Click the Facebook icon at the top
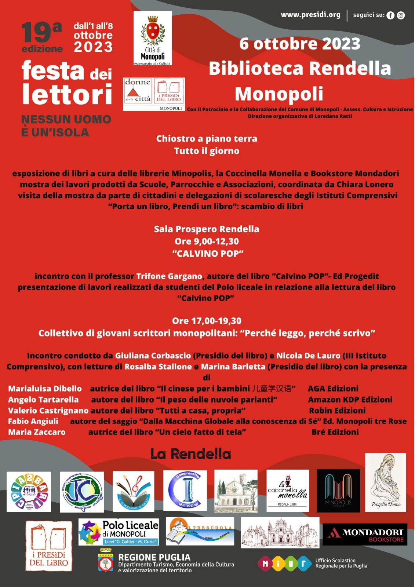(x=390, y=15)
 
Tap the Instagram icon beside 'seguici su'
(x=401, y=15)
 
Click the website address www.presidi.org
(x=310, y=15)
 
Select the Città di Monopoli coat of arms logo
(x=153, y=38)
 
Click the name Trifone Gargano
(x=169, y=276)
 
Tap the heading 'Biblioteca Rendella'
(x=300, y=69)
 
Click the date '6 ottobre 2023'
(x=300, y=44)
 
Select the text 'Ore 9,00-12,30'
(x=207, y=241)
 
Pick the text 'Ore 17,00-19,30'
(x=207, y=321)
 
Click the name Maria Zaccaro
(x=37, y=432)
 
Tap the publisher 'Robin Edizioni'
(x=337, y=411)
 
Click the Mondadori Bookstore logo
(x=365, y=535)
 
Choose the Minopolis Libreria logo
(x=338, y=491)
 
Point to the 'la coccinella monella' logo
(x=288, y=491)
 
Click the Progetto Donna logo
(x=385, y=482)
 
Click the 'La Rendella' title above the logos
(x=190, y=454)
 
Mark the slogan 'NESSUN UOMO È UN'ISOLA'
(x=66, y=126)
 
